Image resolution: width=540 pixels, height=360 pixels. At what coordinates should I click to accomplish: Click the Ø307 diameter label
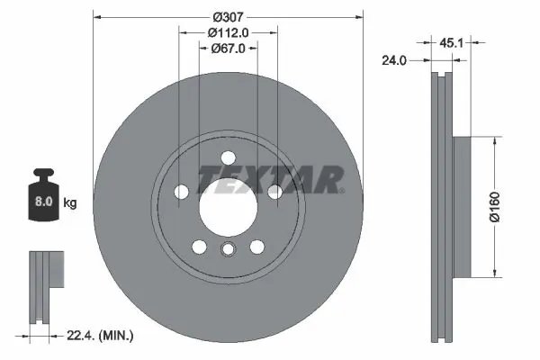229,16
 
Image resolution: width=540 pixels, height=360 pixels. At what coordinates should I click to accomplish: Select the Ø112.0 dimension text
229,33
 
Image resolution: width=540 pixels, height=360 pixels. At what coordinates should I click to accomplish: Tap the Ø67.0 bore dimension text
229,50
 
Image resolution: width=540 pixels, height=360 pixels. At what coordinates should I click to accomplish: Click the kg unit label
70,202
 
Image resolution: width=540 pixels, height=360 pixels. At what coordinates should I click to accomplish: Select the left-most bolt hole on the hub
181,192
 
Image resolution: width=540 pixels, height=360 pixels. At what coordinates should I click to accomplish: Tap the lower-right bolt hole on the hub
257,246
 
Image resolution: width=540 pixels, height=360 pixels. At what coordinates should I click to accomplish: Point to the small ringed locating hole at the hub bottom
229,250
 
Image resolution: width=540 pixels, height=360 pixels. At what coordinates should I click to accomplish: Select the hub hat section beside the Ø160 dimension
461,207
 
